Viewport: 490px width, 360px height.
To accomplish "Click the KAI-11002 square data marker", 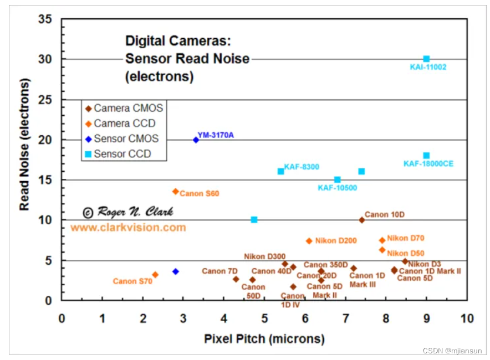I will (426, 59).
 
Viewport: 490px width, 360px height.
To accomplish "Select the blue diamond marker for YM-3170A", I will (196, 140).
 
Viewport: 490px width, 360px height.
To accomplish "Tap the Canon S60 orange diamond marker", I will (175, 191).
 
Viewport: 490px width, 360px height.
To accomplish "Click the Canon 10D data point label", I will (385, 214).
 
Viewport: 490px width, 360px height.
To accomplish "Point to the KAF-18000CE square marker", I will (426, 156).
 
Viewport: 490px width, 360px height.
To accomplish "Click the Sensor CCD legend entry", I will (122, 153).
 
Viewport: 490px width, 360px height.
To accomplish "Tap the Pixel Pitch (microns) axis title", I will (264, 338).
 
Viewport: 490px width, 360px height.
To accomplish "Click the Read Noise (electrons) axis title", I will (24, 144).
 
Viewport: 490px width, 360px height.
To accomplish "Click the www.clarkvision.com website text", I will (128, 228).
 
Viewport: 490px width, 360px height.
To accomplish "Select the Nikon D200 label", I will (335, 241).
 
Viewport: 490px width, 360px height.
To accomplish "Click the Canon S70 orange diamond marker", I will (155, 275).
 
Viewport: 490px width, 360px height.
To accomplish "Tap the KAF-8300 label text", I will (302, 167).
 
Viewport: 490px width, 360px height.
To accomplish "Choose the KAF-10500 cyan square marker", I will (337, 179).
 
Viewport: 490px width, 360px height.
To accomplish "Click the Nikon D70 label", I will (405, 238).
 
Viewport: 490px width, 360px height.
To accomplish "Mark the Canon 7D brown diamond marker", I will (236, 279).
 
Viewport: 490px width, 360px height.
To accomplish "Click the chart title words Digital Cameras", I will (178, 40).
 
